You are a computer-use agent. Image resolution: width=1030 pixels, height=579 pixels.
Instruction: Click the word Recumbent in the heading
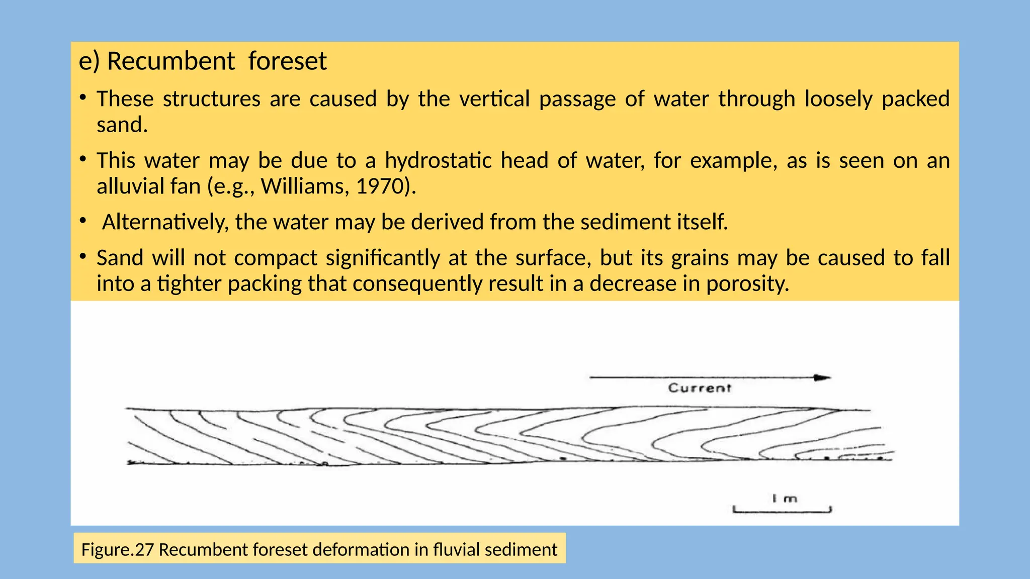[x=170, y=61]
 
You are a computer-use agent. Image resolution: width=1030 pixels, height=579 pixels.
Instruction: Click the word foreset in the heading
[x=287, y=61]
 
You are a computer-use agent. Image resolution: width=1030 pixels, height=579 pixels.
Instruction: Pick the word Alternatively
[x=165, y=222]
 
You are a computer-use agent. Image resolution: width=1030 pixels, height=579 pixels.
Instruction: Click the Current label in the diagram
[x=699, y=388]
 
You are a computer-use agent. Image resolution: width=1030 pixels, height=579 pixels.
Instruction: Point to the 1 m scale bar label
[x=785, y=499]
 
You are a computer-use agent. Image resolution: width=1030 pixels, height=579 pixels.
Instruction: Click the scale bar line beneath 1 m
[x=782, y=512]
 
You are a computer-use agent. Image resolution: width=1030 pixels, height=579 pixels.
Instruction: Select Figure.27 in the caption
[x=117, y=549]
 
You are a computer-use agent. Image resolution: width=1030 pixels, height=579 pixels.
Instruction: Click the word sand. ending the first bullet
[x=122, y=125]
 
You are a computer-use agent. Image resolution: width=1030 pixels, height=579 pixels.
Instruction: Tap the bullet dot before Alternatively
[x=82, y=220]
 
